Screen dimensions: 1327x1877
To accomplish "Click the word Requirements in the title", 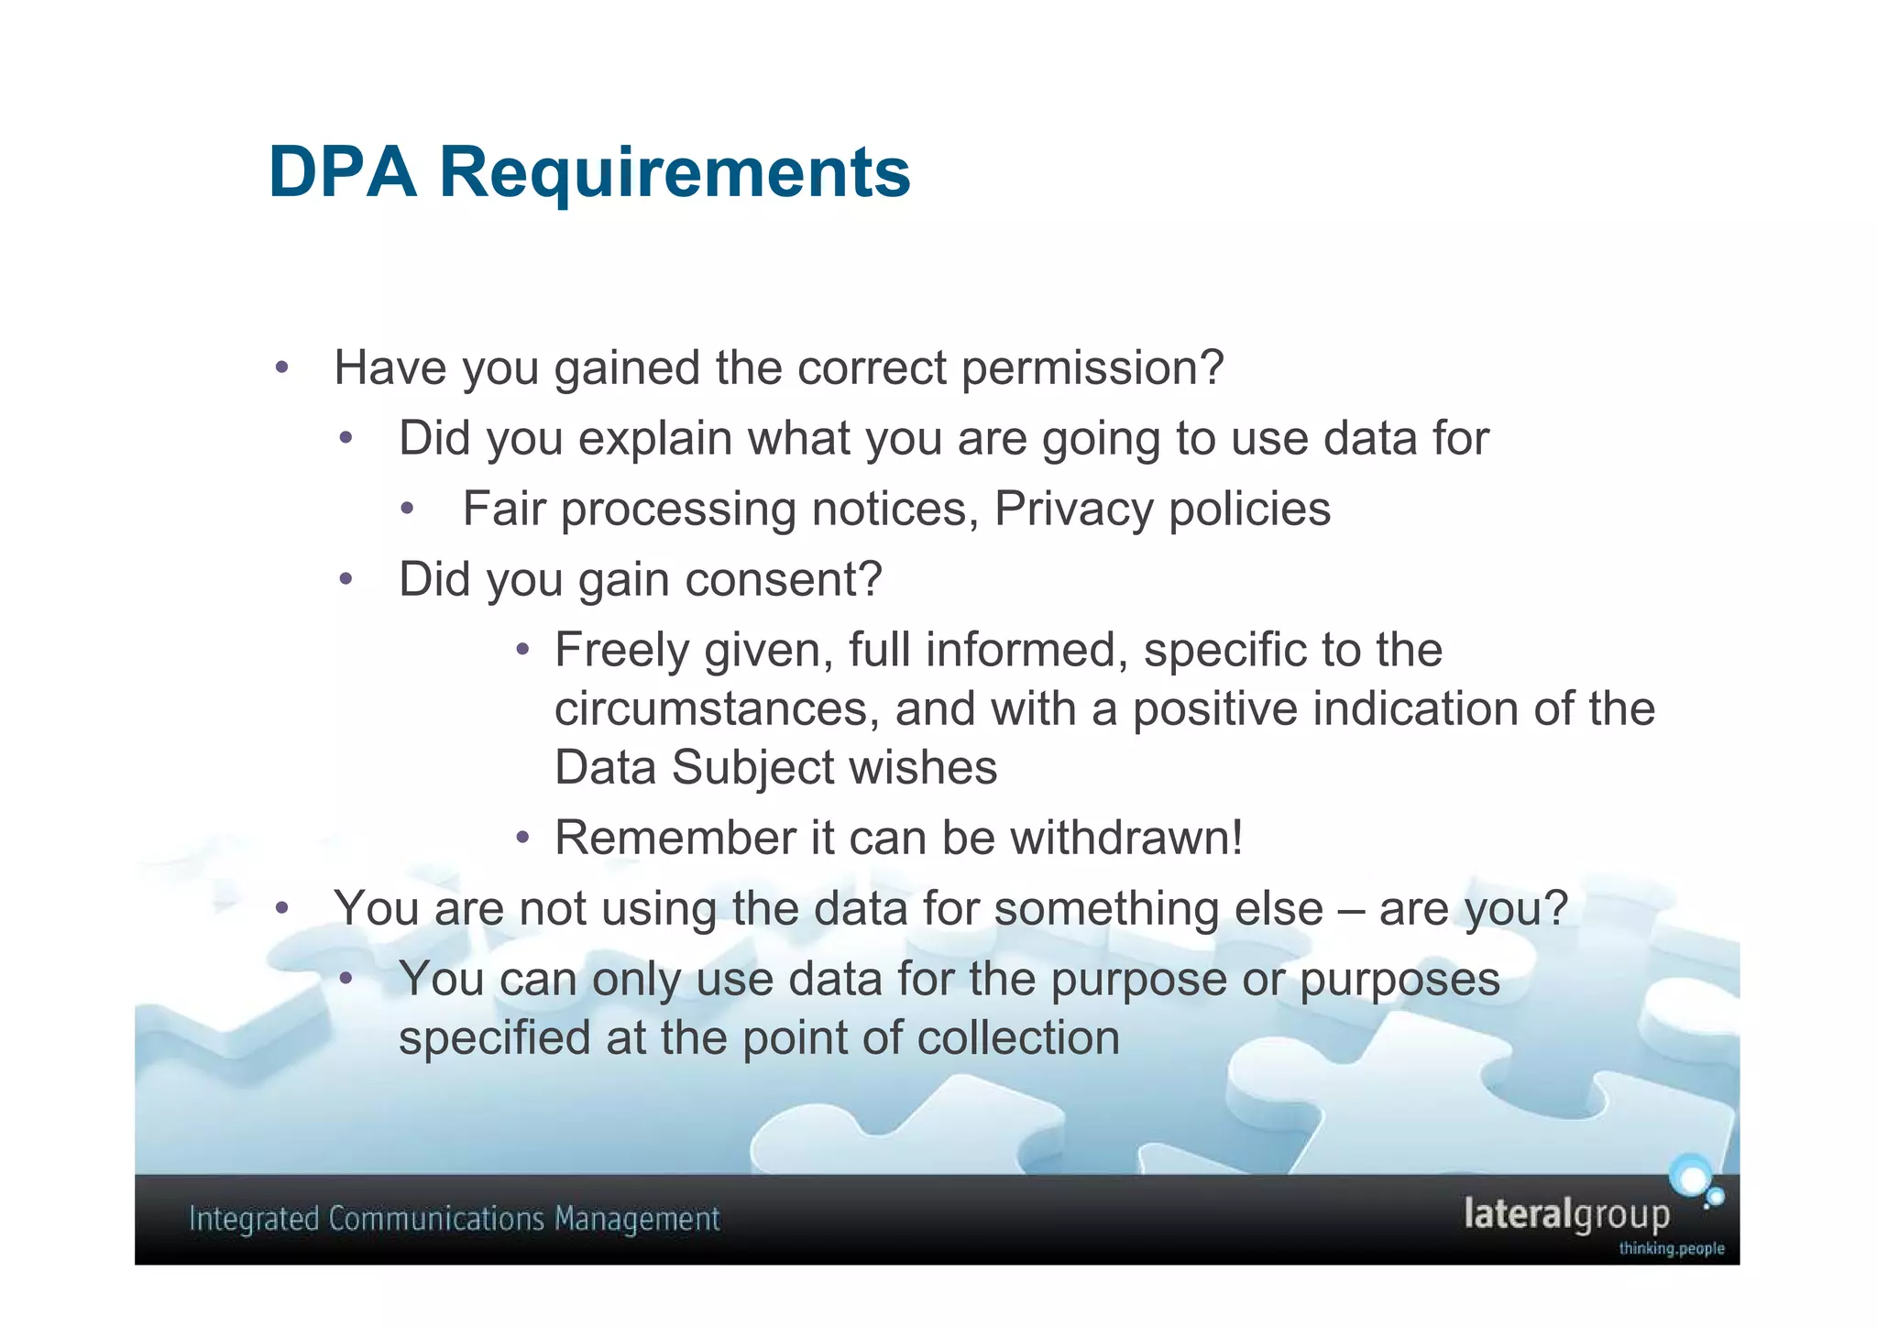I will (x=675, y=172).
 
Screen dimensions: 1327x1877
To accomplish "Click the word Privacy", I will (x=1073, y=510).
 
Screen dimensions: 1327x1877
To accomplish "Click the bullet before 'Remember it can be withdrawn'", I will (x=522, y=838).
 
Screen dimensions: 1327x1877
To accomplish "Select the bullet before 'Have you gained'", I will (x=282, y=368).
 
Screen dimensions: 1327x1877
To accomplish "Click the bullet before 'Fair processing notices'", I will (x=408, y=509).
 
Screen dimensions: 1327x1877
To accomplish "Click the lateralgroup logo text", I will (x=1566, y=1214).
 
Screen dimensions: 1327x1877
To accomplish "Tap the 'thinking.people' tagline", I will (x=1671, y=1248).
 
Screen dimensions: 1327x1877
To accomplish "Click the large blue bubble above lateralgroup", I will (x=1690, y=1177).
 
